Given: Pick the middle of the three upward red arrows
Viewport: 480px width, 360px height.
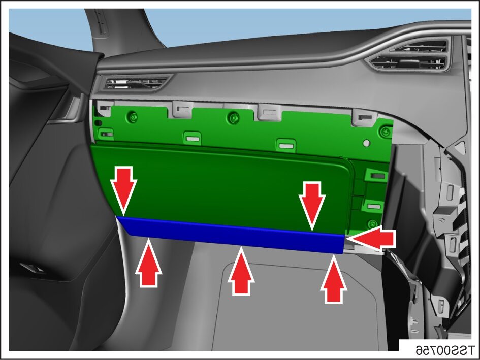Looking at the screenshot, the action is tap(241, 271).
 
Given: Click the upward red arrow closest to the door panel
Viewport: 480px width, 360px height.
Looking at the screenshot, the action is tap(148, 263).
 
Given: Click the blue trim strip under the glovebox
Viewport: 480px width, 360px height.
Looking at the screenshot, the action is tap(233, 235).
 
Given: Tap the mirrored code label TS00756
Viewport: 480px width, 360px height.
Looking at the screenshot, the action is tap(445, 349).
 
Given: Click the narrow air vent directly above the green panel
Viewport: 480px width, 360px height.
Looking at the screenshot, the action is tap(137, 83).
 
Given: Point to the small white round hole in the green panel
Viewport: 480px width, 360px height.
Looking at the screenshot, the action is tap(366, 143).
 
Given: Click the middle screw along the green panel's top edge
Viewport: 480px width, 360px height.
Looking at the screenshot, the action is tap(234, 117).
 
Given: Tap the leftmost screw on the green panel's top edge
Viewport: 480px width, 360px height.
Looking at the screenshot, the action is tap(133, 116).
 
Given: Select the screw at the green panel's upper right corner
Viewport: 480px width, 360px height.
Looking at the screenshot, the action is tap(385, 132).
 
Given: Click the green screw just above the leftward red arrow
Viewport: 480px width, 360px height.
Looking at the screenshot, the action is tap(372, 224).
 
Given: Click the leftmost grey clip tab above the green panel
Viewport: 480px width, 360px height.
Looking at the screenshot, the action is tap(105, 108).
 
